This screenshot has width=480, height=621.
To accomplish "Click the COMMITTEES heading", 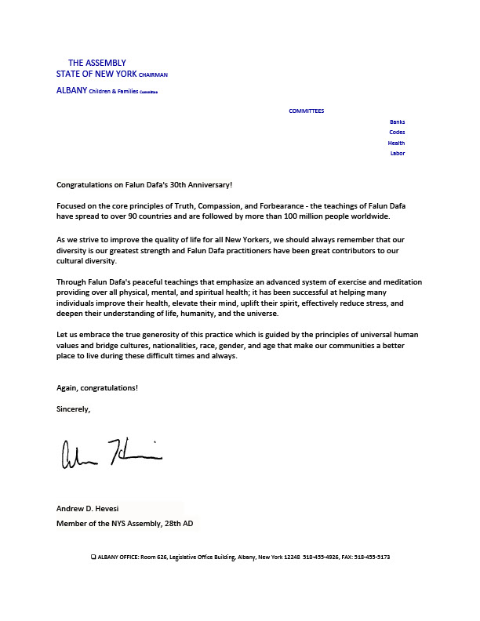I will (306, 111).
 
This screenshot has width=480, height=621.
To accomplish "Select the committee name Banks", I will (397, 122).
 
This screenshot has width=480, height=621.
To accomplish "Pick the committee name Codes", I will (397, 133).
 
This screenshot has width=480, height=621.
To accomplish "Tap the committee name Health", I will (396, 143).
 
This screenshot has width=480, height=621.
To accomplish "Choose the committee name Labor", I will (397, 154).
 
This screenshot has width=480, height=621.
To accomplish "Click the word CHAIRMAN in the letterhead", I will (153, 74).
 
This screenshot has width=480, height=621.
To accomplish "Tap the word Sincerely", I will (74, 409).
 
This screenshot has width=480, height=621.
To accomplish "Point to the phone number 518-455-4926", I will (319, 557).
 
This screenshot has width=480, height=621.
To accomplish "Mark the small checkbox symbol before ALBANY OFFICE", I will (93, 557).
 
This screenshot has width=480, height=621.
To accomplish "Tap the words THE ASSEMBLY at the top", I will (96, 63).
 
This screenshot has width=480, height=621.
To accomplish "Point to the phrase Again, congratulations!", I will (97, 388).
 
